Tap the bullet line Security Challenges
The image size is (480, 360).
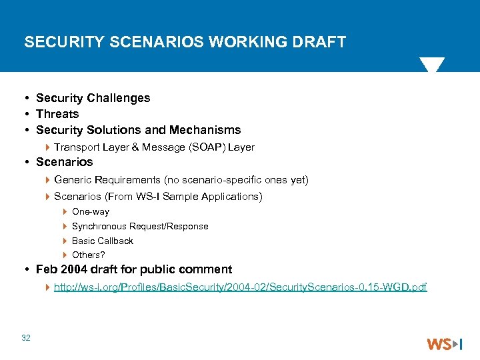point(93,98)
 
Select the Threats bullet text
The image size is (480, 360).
point(57,114)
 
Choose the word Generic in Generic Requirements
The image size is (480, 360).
point(73,179)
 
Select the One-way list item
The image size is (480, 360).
point(91,211)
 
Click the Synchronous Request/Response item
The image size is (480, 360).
point(140,226)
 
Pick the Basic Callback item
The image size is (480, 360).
point(103,241)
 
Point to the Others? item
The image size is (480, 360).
point(89,255)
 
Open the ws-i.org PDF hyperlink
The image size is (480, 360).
point(240,287)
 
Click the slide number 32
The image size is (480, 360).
point(26,338)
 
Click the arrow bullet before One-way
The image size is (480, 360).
point(65,211)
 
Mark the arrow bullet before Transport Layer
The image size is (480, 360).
point(47,147)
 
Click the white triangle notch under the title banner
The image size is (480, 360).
point(431,65)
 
